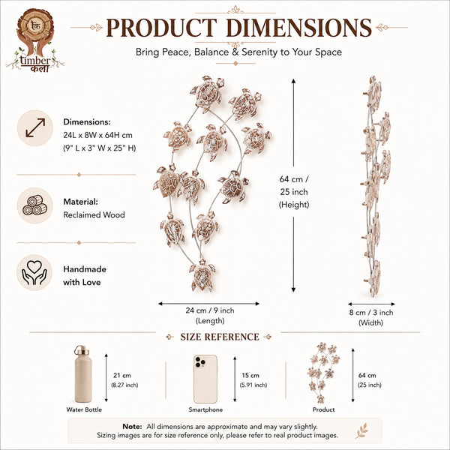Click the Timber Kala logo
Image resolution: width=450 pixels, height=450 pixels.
click(35, 40)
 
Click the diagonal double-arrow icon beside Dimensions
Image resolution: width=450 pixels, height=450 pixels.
click(35, 127)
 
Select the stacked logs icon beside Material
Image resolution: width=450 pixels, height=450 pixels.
click(35, 205)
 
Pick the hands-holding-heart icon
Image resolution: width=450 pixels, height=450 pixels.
click(34, 272)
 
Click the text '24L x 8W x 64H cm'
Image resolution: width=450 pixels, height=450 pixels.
click(97, 135)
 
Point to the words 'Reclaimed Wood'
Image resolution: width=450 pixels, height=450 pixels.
click(94, 214)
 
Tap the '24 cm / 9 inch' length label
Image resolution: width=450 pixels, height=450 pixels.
click(210, 310)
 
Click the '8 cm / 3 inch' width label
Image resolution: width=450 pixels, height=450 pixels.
click(371, 312)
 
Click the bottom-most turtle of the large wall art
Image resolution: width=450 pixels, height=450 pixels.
click(202, 275)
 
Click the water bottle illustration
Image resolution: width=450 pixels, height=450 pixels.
click(83, 373)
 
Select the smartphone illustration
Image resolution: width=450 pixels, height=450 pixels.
click(205, 379)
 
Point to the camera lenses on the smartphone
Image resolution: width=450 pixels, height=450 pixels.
click(199, 362)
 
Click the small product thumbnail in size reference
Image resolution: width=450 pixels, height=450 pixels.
click(323, 373)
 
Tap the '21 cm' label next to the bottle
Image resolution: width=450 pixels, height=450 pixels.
click(122, 375)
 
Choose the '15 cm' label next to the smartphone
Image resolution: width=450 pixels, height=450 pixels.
click(250, 375)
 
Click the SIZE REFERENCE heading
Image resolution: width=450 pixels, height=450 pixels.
click(220, 337)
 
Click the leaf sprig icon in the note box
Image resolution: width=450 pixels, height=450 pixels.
click(362, 430)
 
